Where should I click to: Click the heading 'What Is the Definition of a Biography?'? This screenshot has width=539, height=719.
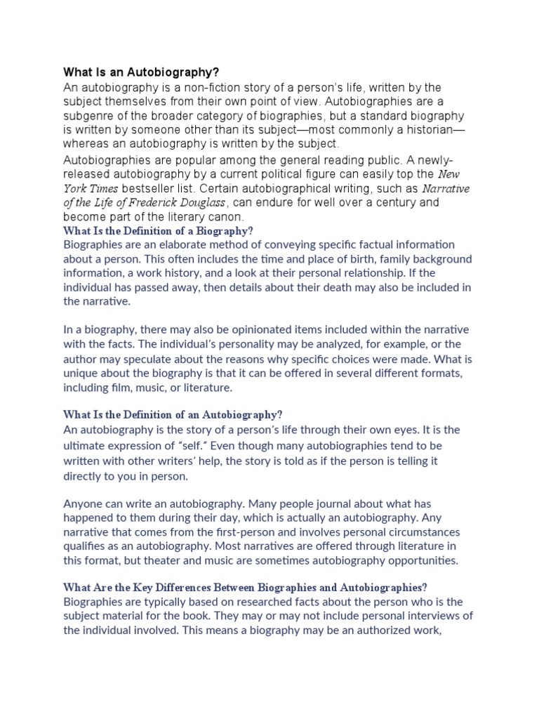coord(158,231)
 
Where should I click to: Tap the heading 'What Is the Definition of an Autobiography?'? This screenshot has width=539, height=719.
coord(172,415)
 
